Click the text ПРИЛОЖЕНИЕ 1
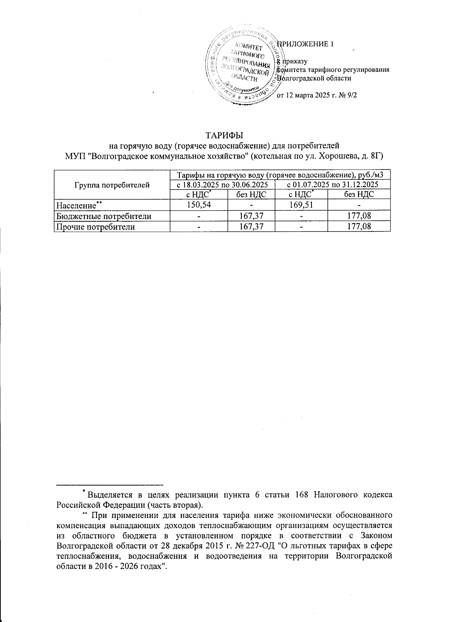(x=305, y=44)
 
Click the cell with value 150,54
(x=199, y=205)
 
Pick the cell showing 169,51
(x=301, y=205)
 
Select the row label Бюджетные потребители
(x=104, y=216)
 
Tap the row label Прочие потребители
(x=96, y=227)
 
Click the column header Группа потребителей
(x=112, y=185)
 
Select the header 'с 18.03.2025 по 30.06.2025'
(x=222, y=185)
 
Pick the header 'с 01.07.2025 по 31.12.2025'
(x=333, y=185)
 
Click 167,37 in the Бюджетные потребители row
(x=251, y=216)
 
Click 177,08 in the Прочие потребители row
(x=359, y=227)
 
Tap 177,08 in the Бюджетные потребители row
(x=359, y=216)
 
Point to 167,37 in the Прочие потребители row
(x=251, y=227)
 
